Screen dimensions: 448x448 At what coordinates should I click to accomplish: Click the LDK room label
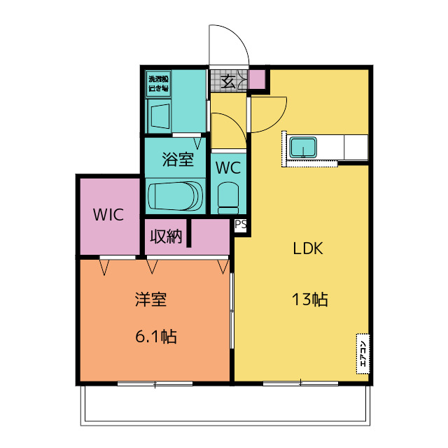(x=307, y=248)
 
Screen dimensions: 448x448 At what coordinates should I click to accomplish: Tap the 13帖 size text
(x=309, y=300)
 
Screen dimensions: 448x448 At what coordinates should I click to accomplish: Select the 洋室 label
(x=150, y=300)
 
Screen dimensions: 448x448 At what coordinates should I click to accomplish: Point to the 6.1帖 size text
(x=155, y=337)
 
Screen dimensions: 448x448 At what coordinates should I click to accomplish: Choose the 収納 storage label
(x=164, y=237)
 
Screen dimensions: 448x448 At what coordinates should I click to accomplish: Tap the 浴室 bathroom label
(x=177, y=160)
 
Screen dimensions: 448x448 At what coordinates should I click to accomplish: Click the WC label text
(x=228, y=168)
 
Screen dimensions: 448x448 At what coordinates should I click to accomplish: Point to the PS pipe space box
(x=240, y=225)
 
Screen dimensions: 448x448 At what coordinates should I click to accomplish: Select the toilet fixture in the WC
(x=227, y=197)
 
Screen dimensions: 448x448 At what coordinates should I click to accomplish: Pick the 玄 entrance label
(x=229, y=80)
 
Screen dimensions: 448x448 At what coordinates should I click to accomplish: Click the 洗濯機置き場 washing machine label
(x=158, y=83)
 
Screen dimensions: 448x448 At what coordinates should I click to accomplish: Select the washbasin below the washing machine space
(x=160, y=115)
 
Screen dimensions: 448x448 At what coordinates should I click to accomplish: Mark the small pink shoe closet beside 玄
(x=257, y=80)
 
